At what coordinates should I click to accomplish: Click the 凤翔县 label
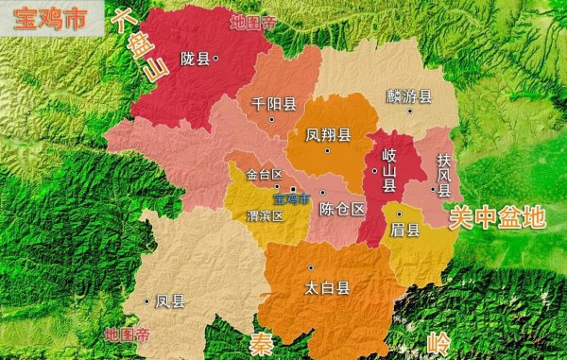click(x=328, y=135)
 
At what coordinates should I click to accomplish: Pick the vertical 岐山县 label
click(x=388, y=170)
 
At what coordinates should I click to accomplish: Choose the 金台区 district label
click(x=264, y=175)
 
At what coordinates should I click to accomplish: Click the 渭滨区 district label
click(x=264, y=214)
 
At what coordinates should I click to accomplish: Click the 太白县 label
click(x=328, y=285)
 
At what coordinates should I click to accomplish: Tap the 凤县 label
click(x=170, y=302)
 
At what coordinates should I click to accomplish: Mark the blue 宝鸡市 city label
click(x=292, y=199)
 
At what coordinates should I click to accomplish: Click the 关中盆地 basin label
click(x=497, y=217)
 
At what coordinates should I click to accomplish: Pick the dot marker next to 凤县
click(x=147, y=301)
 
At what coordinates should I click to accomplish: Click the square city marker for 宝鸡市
click(x=294, y=189)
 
